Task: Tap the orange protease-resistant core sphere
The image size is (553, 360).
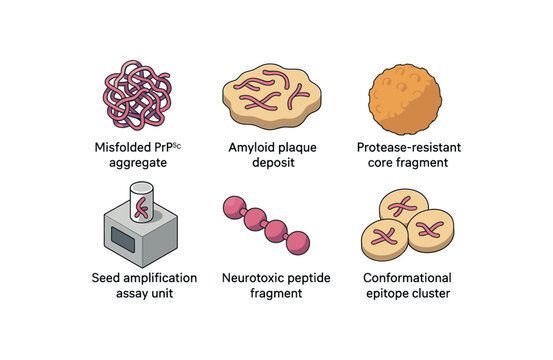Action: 405,94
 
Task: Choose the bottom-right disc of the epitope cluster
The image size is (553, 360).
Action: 431,232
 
